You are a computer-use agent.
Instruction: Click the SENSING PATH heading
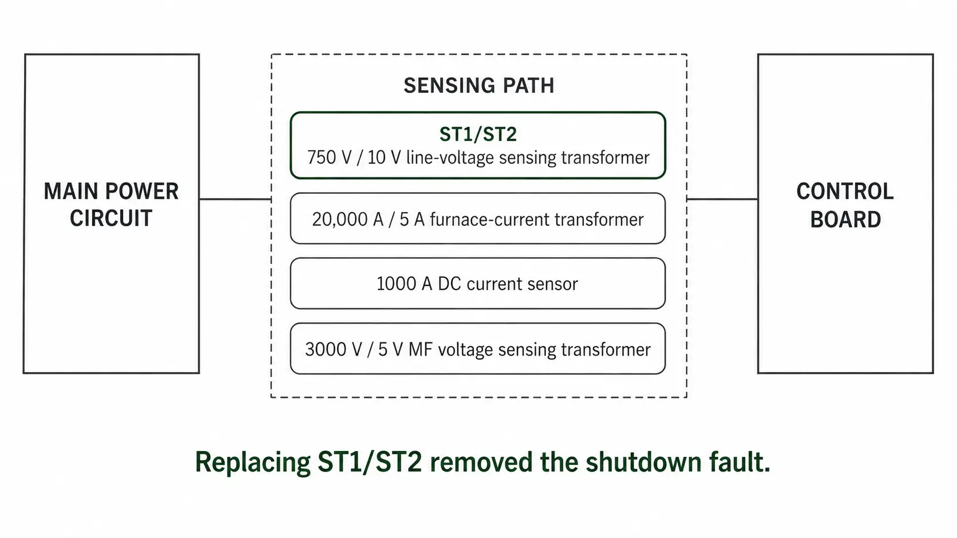tap(479, 85)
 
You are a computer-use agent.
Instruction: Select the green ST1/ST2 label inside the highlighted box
tap(478, 134)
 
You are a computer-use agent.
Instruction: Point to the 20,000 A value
tap(348, 220)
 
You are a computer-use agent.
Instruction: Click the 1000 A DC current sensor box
tap(478, 283)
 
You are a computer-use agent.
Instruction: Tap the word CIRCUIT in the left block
tap(111, 218)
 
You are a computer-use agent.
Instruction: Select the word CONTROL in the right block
tap(845, 191)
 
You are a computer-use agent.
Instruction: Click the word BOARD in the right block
tap(845, 220)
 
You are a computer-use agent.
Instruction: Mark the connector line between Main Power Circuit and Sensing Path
tap(235, 199)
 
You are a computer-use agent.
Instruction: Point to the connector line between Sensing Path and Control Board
tap(722, 199)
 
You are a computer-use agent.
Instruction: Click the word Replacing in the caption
tap(253, 463)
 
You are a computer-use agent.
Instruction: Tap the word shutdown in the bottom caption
tap(643, 461)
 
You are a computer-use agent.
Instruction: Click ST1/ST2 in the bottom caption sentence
tap(370, 461)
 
